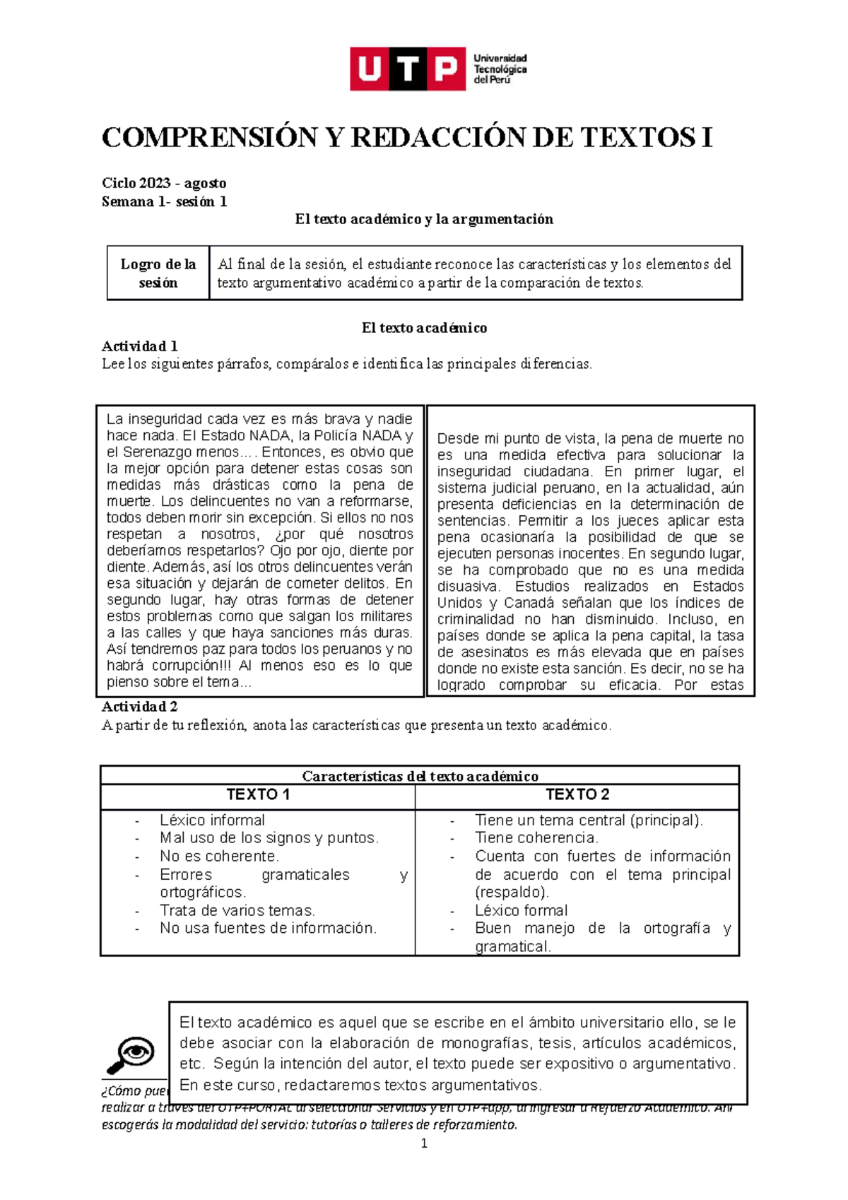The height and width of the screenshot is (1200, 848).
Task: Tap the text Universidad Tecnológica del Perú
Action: pos(500,69)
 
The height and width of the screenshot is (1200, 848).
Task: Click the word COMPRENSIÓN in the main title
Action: pos(209,138)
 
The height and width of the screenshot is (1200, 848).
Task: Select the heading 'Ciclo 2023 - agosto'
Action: pos(164,183)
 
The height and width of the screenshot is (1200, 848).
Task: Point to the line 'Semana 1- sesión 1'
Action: pos(164,201)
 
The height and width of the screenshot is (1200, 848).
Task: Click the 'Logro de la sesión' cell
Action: pos(158,273)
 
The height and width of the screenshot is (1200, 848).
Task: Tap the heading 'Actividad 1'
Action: pos(139,346)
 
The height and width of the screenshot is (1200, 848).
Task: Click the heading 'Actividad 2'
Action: pos(139,707)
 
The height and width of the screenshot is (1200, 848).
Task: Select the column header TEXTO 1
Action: pos(258,794)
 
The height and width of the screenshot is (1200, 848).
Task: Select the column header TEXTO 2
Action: pos(577,794)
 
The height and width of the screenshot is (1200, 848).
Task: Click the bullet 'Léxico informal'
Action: pos(212,820)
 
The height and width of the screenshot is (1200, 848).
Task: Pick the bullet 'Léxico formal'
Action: pos(521,910)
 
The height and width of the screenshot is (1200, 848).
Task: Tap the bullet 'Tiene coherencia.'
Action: pos(536,837)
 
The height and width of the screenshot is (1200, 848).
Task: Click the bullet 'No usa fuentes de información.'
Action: pos(268,928)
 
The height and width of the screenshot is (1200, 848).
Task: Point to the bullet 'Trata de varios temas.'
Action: pos(237,910)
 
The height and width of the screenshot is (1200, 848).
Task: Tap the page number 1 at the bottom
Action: pos(424,1143)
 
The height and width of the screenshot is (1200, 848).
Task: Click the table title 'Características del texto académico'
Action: pos(420,776)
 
